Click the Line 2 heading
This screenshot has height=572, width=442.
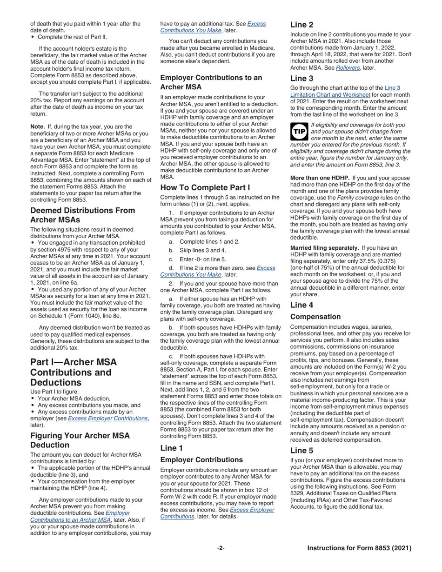click(x=301, y=25)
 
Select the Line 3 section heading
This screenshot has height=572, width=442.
click(x=301, y=78)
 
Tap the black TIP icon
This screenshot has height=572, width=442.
click(x=299, y=132)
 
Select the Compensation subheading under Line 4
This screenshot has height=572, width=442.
click(x=315, y=317)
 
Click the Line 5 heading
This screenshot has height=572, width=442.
click(x=301, y=450)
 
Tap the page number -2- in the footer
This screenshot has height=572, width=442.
click(x=221, y=548)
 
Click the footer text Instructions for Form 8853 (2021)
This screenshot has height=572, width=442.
click(x=359, y=548)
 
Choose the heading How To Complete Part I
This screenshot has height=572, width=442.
click(x=205, y=187)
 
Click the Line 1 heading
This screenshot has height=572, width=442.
click(x=172, y=448)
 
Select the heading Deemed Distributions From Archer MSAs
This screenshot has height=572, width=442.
click(x=82, y=215)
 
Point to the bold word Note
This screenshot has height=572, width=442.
click(x=37, y=126)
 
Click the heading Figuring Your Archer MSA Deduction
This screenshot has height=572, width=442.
click(x=80, y=440)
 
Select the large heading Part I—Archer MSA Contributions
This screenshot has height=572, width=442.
click(x=74, y=372)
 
